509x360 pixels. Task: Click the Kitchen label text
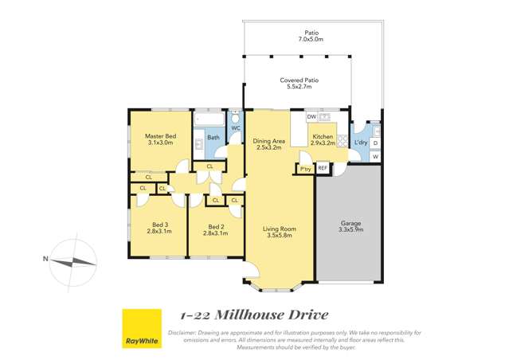[x=322, y=137]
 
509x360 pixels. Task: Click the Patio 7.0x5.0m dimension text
[x=311, y=39]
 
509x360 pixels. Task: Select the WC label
[x=236, y=127]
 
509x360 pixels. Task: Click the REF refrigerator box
[x=323, y=168]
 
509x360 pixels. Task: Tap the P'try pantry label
[x=304, y=169]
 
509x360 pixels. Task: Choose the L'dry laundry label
[x=360, y=143]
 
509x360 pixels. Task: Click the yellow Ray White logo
[x=141, y=328]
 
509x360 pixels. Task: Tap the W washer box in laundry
[x=375, y=157]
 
